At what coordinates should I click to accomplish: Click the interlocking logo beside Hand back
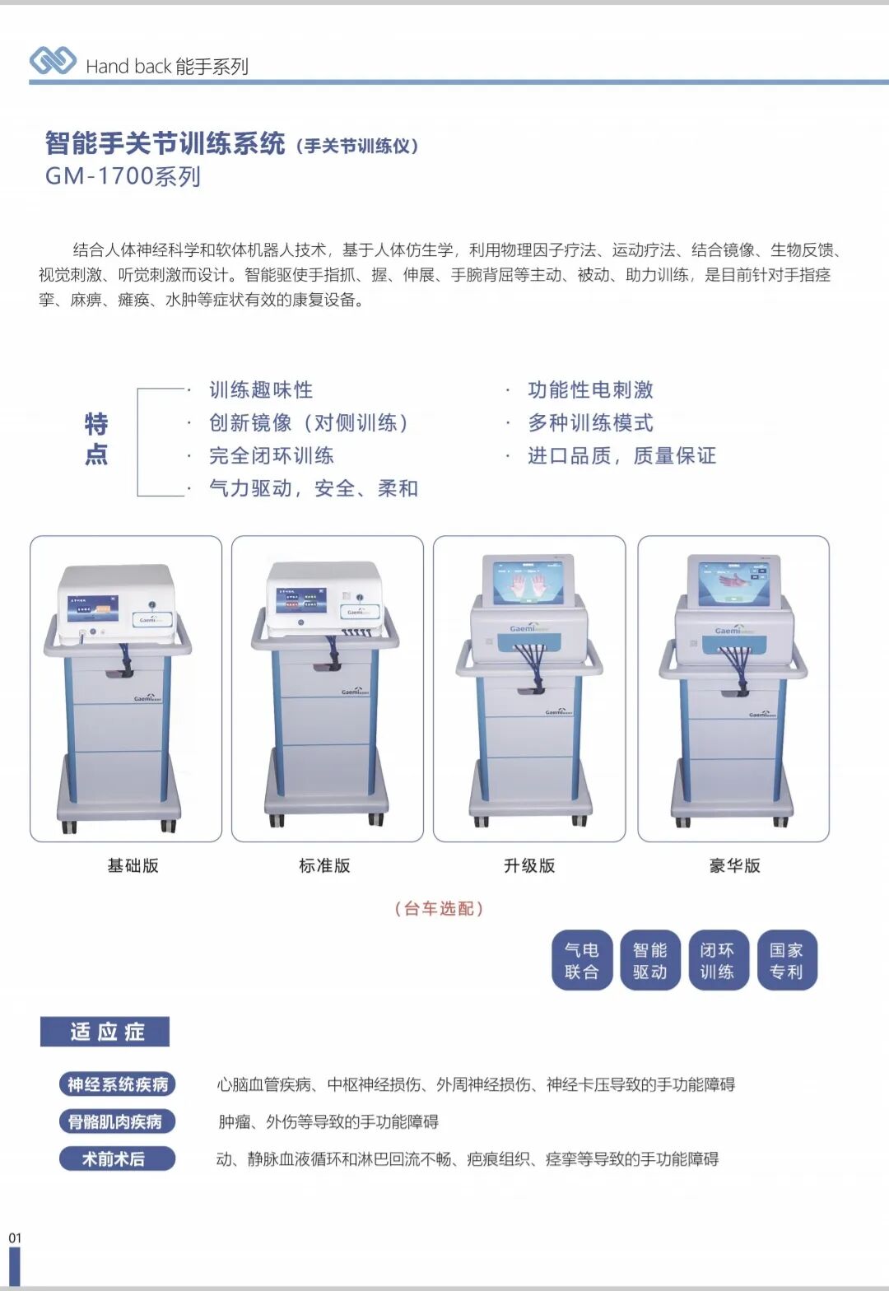pos(53,61)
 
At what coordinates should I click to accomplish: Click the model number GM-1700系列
pos(123,176)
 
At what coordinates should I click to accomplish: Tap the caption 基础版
pos(133,865)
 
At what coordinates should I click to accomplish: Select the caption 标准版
pos(324,865)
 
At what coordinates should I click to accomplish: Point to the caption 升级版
pos(529,865)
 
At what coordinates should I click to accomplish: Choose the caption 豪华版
pos(734,865)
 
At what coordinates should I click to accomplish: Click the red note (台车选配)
pos(439,908)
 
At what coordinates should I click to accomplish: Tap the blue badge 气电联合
pos(581,960)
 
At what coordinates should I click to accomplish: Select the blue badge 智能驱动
pos(649,960)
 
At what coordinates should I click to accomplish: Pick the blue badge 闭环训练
pos(717,960)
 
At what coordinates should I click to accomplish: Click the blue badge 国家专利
pos(786,960)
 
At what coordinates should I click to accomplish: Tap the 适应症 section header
pos(105,1032)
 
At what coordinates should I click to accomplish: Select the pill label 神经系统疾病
pos(117,1084)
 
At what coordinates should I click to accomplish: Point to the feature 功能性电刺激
pos(590,389)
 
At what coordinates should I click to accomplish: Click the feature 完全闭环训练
pos(271,455)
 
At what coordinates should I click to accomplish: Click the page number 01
pos(15,1237)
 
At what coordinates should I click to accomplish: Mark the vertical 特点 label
pos(96,439)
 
